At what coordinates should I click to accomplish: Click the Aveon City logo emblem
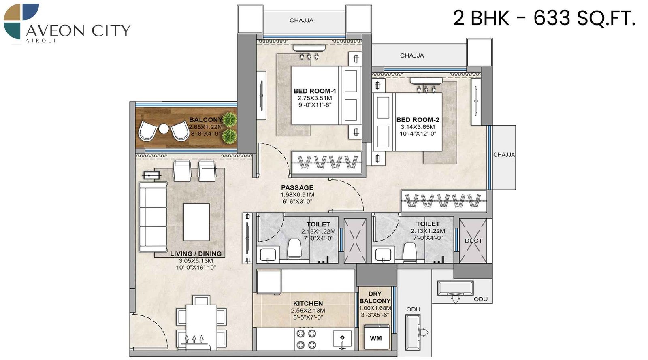point(21,21)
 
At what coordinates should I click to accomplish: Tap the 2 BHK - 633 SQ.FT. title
point(544,18)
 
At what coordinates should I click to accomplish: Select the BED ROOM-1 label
point(315,91)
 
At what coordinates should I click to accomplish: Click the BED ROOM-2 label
point(418,120)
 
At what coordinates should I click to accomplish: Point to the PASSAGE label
point(297,187)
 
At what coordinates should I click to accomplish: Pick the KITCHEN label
point(308,303)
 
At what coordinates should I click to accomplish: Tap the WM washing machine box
point(375,338)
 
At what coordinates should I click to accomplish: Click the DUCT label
point(473,241)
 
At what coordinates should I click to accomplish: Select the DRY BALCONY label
point(375,297)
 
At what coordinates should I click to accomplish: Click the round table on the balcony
point(163,129)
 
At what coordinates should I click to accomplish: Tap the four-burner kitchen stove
point(306,339)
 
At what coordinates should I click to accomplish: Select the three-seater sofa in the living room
point(153,217)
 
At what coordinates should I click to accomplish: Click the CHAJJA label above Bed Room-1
point(301,20)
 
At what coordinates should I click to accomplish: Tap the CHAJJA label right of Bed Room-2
point(504,155)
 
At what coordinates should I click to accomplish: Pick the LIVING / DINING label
point(196,253)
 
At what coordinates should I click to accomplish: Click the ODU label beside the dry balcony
point(413,309)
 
